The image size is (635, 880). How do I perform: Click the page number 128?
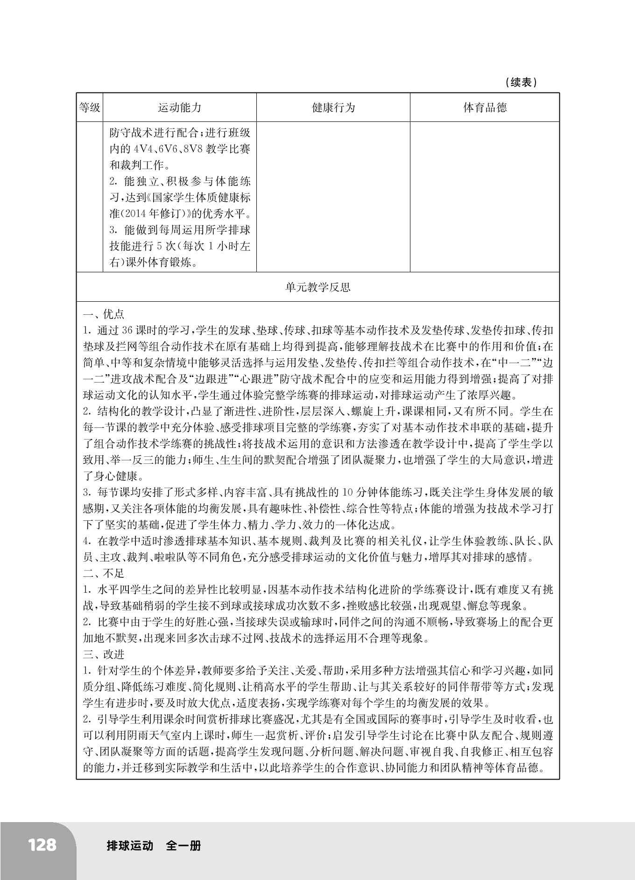pos(42,845)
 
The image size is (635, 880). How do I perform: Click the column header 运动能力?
pos(180,108)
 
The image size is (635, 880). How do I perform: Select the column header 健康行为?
pos(333,108)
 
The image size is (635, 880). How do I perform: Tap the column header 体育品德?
pos(485,108)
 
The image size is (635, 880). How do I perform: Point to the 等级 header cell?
pos(90,108)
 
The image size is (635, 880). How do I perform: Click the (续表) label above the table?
pos(521,83)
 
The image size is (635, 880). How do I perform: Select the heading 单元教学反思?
pos(318,287)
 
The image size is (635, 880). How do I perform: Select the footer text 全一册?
pos(183,845)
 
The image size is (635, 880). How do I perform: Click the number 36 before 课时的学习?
pos(127,331)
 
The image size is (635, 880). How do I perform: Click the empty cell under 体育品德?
pos(485,197)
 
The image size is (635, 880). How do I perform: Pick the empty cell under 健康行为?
pos(333,197)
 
